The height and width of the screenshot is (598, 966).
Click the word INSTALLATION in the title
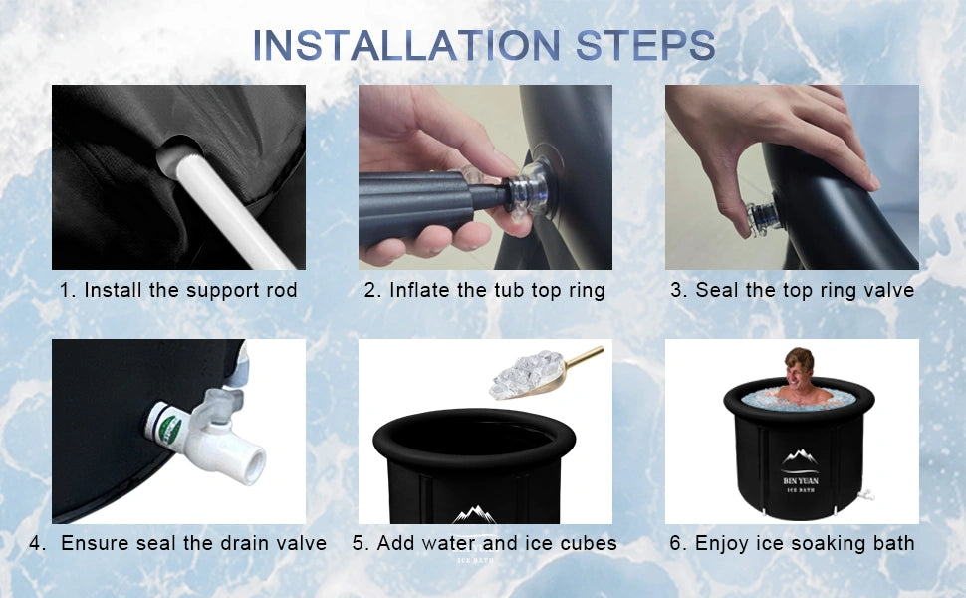click(x=406, y=45)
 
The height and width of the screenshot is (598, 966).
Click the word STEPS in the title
click(x=645, y=45)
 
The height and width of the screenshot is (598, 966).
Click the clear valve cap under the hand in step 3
click(x=764, y=217)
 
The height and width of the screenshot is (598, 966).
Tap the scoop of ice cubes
click(x=530, y=374)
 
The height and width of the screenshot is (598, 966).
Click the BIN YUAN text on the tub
click(x=801, y=480)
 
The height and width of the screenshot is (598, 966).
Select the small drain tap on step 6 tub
click(x=868, y=494)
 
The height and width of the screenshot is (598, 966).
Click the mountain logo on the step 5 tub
click(x=474, y=514)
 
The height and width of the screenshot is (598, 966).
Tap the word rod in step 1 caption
click(x=282, y=290)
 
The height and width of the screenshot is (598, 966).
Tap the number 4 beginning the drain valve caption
click(x=35, y=543)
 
